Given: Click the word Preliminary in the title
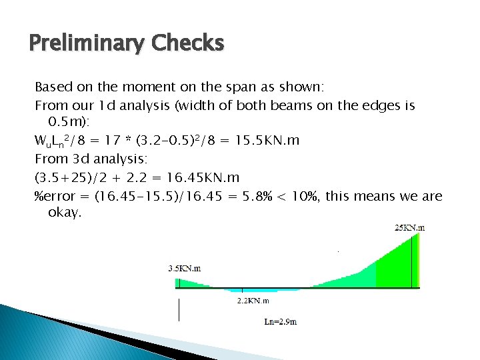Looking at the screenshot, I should tap(86, 45).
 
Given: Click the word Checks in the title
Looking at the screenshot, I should tap(187, 43).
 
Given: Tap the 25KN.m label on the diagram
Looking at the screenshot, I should tap(409, 227).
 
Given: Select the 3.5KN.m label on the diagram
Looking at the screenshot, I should tap(185, 268).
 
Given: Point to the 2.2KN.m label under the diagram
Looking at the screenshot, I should tap(253, 301).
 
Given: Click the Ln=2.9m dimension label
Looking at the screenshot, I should tap(281, 321).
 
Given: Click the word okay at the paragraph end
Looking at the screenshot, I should tap(65, 213).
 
